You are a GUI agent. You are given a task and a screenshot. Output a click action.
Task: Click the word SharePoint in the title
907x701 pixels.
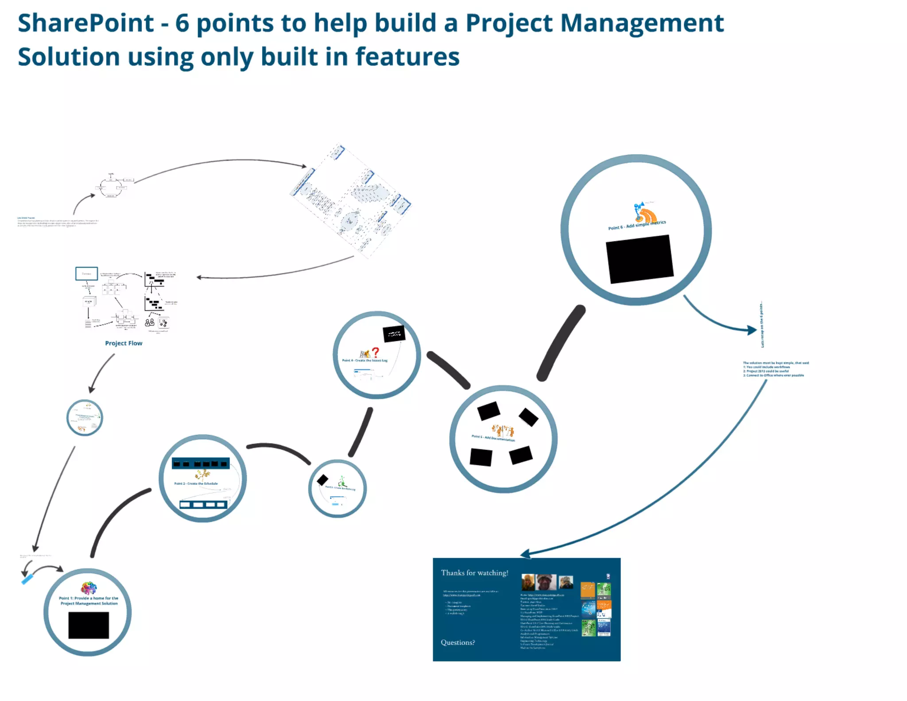[x=85, y=23]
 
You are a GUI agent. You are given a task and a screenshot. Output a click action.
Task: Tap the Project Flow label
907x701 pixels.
[x=124, y=343]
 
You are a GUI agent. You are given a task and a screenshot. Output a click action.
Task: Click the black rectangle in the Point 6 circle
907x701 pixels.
[x=640, y=259]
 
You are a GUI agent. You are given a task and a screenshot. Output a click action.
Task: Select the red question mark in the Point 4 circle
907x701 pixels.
[x=376, y=352]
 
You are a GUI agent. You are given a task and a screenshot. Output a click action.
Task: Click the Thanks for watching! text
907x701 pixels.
[x=474, y=573]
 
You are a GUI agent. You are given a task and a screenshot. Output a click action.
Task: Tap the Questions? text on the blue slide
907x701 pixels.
[x=457, y=642]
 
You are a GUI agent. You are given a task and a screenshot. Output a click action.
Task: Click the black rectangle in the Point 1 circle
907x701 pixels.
[x=89, y=625]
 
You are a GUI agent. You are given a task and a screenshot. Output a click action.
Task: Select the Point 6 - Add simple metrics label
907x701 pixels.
[x=636, y=225]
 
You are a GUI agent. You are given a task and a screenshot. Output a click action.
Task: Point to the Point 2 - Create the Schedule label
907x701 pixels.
[x=196, y=483]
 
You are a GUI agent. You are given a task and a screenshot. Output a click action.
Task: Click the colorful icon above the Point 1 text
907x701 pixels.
[x=89, y=588]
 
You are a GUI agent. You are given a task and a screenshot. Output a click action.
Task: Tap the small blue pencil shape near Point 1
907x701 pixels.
[x=27, y=579]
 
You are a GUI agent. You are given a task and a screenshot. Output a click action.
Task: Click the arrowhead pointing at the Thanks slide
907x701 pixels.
[x=525, y=554]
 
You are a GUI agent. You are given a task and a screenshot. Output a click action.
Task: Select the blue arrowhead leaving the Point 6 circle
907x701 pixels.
[x=751, y=330]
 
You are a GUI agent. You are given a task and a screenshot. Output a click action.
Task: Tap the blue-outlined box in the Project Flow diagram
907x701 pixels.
[x=86, y=273]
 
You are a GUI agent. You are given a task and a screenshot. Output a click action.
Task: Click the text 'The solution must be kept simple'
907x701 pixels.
[x=775, y=363]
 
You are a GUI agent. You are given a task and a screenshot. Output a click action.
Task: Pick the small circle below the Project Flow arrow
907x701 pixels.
[x=85, y=417]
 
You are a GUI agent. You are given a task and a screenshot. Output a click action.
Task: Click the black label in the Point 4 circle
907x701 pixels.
[x=394, y=334]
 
